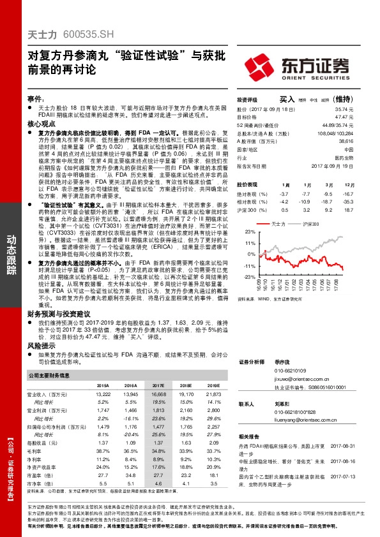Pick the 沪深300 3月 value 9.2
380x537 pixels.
pyautogui.click(x=327, y=209)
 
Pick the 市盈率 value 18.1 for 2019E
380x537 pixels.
pyautogui.click(x=214, y=475)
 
